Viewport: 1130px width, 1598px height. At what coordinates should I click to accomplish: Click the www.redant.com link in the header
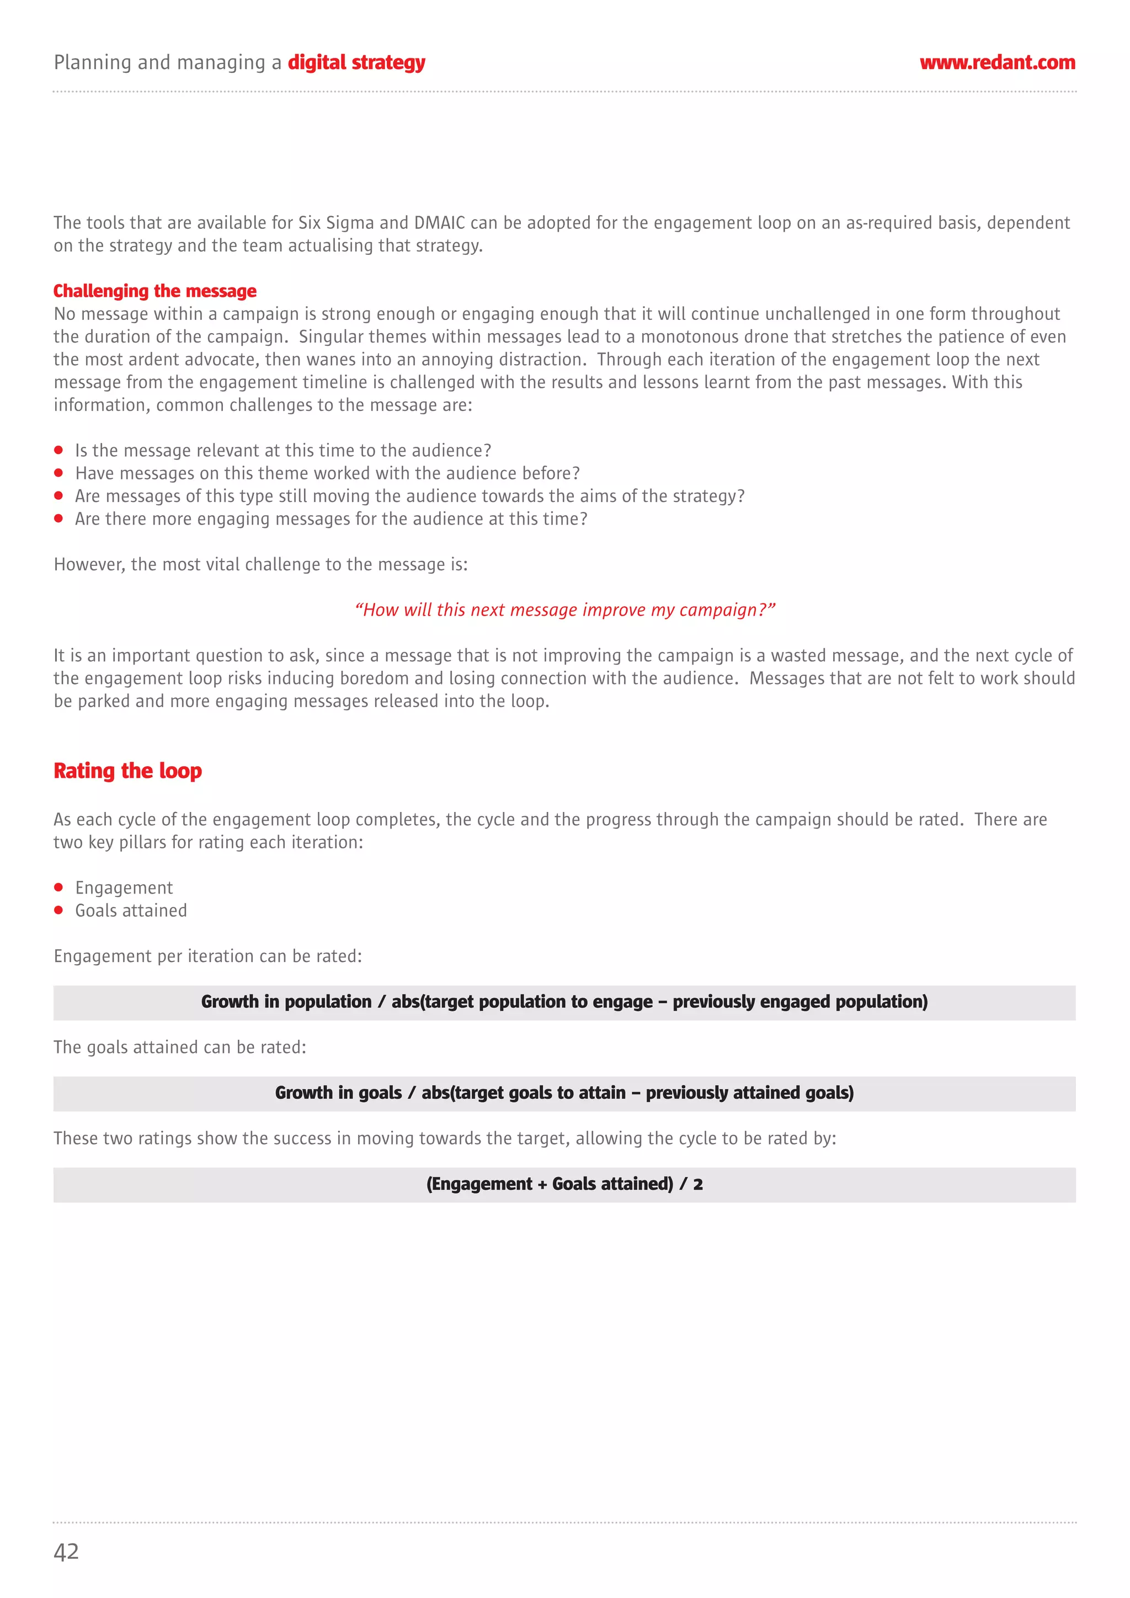click(x=997, y=63)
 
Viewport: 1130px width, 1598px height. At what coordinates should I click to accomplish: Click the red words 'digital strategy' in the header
click(x=356, y=63)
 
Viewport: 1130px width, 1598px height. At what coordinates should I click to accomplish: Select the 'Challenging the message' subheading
click(x=154, y=291)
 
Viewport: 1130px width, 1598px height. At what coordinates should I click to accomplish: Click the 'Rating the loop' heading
click(x=127, y=771)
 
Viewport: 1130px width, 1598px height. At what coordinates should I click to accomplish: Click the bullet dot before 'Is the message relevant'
click(x=58, y=450)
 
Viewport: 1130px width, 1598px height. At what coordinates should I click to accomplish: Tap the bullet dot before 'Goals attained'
click(x=58, y=910)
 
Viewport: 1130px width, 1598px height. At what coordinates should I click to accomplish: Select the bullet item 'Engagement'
click(x=124, y=888)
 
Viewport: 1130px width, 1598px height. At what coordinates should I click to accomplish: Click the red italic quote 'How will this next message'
click(x=564, y=610)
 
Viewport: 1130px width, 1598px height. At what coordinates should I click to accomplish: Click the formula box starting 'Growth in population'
click(x=564, y=1002)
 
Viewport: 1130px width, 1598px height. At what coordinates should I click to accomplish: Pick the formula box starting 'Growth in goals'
click(x=564, y=1093)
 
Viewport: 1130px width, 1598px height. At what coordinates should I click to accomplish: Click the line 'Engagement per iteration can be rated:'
click(x=207, y=956)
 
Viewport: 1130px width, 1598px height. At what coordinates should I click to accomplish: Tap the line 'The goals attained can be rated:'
click(x=180, y=1047)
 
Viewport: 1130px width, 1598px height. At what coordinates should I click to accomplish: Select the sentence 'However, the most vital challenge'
click(x=260, y=564)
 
